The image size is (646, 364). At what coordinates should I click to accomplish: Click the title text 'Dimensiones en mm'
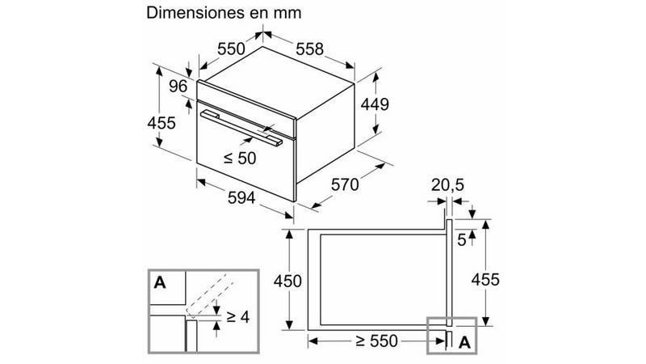pyautogui.click(x=224, y=12)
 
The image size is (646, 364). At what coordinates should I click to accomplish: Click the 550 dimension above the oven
pyautogui.click(x=231, y=49)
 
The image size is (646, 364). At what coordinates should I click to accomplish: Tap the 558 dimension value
pyautogui.click(x=310, y=49)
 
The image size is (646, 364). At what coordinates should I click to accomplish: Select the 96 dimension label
pyautogui.click(x=178, y=87)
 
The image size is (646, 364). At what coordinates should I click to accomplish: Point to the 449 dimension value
pyautogui.click(x=375, y=104)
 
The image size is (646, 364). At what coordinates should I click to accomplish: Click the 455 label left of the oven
pyautogui.click(x=161, y=123)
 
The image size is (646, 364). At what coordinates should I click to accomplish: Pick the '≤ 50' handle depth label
pyautogui.click(x=240, y=158)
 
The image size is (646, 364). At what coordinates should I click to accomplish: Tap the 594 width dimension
pyautogui.click(x=241, y=197)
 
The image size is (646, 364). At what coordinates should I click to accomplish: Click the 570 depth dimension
pyautogui.click(x=345, y=184)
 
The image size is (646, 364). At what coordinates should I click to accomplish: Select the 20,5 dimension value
pyautogui.click(x=448, y=185)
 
